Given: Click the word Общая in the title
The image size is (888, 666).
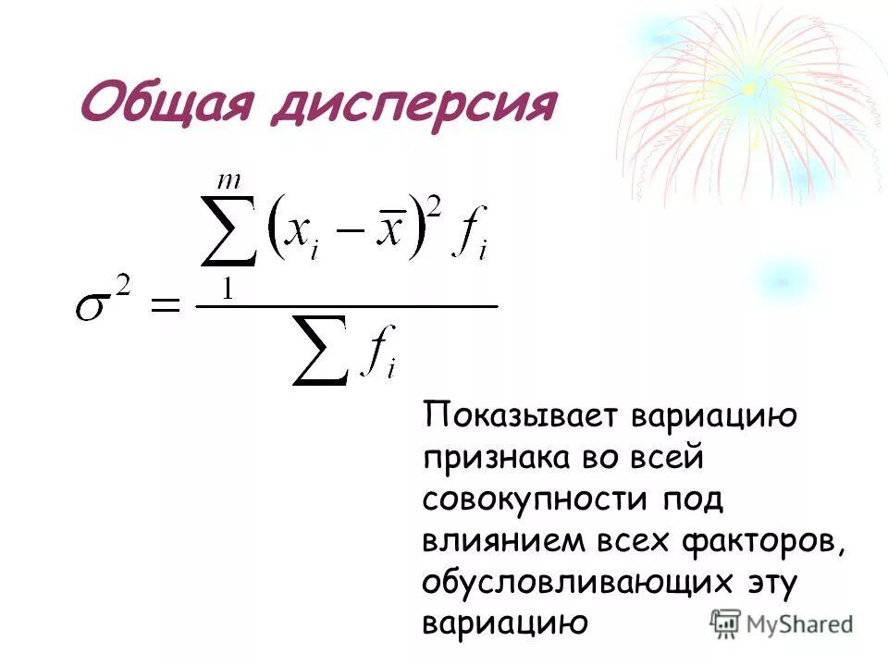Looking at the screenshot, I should click(167, 105).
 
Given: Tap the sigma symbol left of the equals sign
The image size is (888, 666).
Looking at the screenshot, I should click(98, 303).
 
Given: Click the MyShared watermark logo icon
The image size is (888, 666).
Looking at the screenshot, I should click(726, 623).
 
